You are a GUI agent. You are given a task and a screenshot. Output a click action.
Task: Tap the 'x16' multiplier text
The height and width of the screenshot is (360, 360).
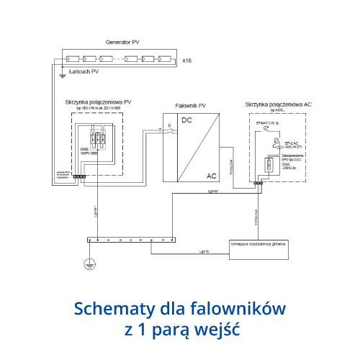click(x=187, y=59)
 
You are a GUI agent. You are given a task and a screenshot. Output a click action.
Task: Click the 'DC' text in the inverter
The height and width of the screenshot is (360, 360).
click(x=187, y=120)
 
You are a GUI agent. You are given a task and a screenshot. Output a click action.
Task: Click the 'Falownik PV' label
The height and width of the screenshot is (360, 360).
click(x=191, y=105)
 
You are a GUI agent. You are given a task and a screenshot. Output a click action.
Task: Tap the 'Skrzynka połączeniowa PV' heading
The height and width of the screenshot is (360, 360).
click(x=97, y=102)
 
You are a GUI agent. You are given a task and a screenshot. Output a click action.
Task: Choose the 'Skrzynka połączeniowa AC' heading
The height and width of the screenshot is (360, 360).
click(x=278, y=105)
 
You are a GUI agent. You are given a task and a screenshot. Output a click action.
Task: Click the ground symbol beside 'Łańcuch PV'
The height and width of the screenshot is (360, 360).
click(x=63, y=73)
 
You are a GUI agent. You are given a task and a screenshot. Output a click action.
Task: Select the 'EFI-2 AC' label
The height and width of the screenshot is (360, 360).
click(x=293, y=144)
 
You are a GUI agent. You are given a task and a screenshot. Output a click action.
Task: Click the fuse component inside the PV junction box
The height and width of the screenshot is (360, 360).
click(x=100, y=141)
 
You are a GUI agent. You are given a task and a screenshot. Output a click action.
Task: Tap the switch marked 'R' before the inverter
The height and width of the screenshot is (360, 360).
click(x=168, y=130)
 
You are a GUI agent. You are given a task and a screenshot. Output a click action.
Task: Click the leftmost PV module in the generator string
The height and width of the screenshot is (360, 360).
click(x=73, y=59)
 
